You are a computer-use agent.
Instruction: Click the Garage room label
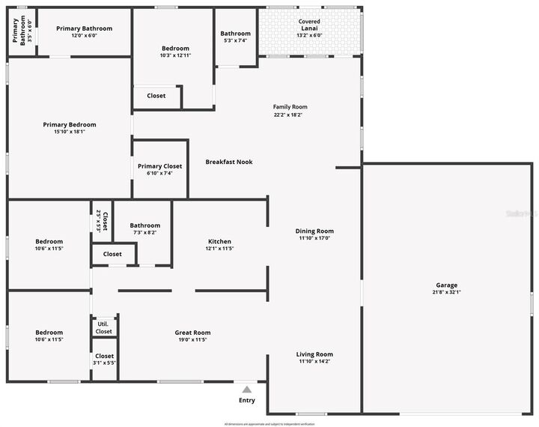coord(447,285)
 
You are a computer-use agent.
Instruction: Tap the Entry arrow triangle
coord(247,389)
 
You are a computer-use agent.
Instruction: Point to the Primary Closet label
coord(159,166)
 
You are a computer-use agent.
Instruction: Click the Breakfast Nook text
coord(230,162)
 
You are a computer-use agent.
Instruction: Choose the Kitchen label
coord(219,241)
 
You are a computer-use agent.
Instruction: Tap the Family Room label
coord(290,106)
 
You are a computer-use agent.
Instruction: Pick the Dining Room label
coord(314,231)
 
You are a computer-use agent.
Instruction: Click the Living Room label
coord(314,354)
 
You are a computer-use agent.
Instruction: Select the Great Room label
coord(192,333)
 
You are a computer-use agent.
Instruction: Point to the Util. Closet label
coord(103,327)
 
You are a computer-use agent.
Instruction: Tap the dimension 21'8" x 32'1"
coord(447,292)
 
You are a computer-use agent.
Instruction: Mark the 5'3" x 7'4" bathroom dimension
coord(235,41)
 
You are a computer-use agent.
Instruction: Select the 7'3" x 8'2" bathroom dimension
coord(144,233)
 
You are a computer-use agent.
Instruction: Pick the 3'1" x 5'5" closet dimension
coord(104,363)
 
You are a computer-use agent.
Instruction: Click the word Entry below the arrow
coord(247,400)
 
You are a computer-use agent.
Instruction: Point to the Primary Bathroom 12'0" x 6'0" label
coord(85,28)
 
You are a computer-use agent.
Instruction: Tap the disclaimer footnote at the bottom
coord(269,424)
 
